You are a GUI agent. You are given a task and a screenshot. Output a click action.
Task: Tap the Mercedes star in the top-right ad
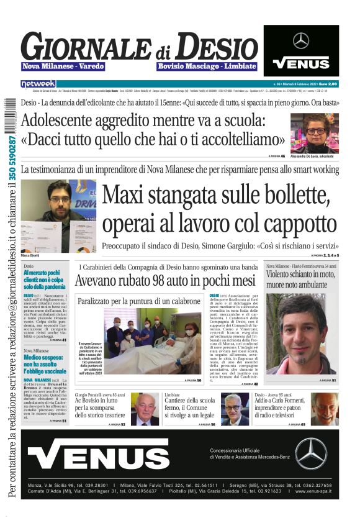point(301,41)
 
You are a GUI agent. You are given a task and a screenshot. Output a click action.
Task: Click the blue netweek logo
point(38,83)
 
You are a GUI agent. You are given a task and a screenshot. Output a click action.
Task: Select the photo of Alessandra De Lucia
point(315,132)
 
